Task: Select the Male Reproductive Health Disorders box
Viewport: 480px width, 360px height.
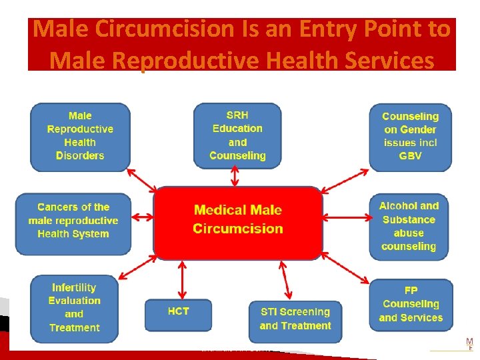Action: pyautogui.click(x=80, y=136)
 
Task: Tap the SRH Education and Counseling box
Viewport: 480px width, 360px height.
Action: pyautogui.click(x=237, y=135)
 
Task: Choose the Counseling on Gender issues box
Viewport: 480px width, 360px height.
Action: pyautogui.click(x=410, y=136)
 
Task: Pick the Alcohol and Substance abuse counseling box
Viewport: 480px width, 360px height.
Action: pyautogui.click(x=409, y=226)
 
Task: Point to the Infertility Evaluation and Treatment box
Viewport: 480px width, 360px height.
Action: pyautogui.click(x=74, y=308)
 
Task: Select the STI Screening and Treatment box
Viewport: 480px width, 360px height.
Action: pyautogui.click(x=295, y=319)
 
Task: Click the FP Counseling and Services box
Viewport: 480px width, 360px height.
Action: pyautogui.click(x=411, y=305)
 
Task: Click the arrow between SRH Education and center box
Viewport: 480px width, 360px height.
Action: pyautogui.click(x=235, y=177)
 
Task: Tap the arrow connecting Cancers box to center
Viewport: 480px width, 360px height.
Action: pyautogui.click(x=143, y=216)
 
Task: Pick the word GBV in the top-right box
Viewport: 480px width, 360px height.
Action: pyautogui.click(x=410, y=156)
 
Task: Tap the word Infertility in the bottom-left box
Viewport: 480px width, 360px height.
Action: pyautogui.click(x=74, y=287)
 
